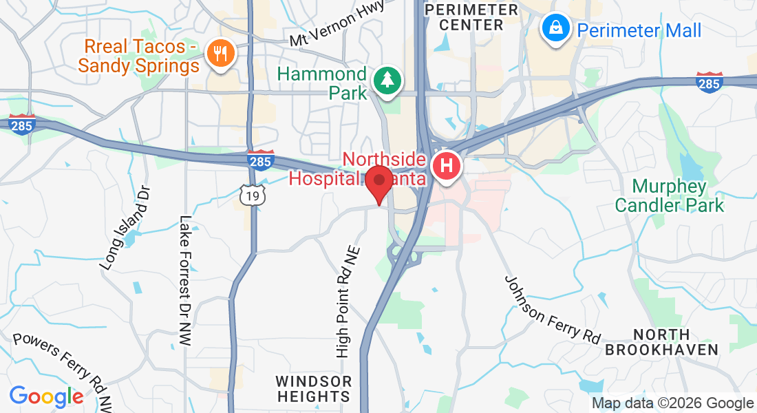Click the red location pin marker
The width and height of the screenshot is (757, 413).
click(378, 182)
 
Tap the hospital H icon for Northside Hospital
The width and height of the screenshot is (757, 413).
click(446, 167)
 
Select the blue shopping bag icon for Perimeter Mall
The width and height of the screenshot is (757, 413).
click(554, 29)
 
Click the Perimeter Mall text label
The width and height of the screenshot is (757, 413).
click(639, 30)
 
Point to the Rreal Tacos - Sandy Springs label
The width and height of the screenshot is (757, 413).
click(138, 56)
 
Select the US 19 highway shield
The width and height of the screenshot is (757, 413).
click(253, 196)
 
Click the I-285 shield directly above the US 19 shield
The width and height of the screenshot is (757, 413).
click(260, 160)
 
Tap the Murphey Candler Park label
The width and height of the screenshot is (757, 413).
click(669, 195)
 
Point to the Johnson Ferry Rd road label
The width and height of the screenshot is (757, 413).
click(552, 310)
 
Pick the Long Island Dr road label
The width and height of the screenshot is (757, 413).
click(124, 228)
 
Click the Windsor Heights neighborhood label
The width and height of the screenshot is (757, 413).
click(313, 389)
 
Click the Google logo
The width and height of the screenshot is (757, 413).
click(46, 396)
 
